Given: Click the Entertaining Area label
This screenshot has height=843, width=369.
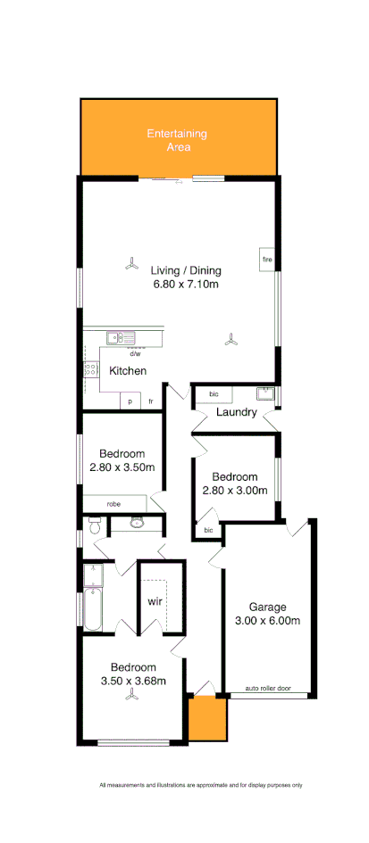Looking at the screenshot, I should pyautogui.click(x=177, y=140).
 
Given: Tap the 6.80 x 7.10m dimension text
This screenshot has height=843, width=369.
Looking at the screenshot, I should pyautogui.click(x=186, y=285).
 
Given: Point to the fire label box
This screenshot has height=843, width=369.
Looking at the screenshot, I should pyautogui.click(x=266, y=260).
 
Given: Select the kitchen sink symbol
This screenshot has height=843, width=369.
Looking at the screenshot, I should pyautogui.click(x=120, y=338).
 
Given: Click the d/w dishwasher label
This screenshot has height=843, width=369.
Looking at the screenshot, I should pyautogui.click(x=135, y=353).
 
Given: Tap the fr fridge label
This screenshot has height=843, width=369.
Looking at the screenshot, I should pyautogui.click(x=151, y=402).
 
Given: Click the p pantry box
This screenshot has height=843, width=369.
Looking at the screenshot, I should pyautogui.click(x=130, y=402).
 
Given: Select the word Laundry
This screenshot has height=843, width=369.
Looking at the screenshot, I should pyautogui.click(x=237, y=412).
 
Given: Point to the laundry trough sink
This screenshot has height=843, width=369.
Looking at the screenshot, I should pyautogui.click(x=265, y=393).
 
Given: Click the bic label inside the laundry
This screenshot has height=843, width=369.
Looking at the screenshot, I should pyautogui.click(x=214, y=393).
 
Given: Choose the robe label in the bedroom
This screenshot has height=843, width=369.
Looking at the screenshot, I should pyautogui.click(x=113, y=504).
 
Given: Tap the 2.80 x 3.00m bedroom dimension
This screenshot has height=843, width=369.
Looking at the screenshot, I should pyautogui.click(x=235, y=490).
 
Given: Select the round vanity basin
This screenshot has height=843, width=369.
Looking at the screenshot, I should pyautogui.click(x=137, y=523).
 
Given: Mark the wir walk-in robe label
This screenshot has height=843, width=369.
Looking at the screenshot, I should pyautogui.click(x=154, y=600).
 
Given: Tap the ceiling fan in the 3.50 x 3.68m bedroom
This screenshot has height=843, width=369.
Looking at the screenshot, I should pyautogui.click(x=133, y=701).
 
